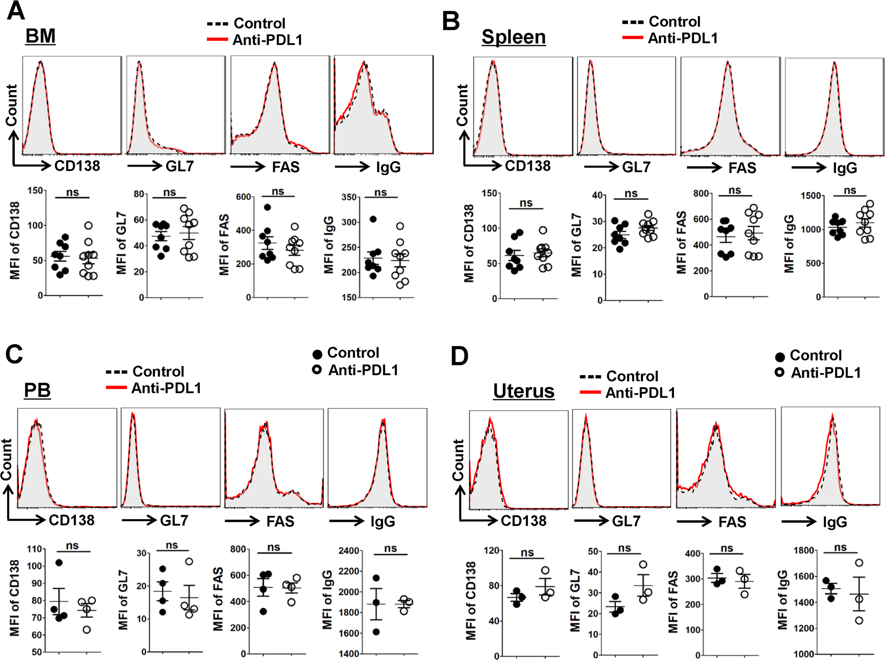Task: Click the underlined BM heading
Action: click(40, 36)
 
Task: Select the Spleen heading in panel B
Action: click(513, 37)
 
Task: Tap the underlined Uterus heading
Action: click(524, 391)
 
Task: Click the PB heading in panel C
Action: click(37, 390)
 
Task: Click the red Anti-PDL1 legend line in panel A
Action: click(217, 40)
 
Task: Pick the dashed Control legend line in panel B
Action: click(632, 22)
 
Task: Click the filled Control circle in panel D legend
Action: click(780, 357)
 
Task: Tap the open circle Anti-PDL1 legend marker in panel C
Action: click(317, 370)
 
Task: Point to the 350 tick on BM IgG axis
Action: click(349, 197)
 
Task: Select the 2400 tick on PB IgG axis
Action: click(349, 551)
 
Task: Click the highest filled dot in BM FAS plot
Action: click(267, 208)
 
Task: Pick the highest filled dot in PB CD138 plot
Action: click(59, 563)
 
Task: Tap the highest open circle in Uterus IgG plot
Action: click(859, 563)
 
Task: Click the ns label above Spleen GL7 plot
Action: click(631, 194)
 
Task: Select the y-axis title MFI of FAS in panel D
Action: click(673, 602)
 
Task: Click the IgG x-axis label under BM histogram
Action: click(388, 167)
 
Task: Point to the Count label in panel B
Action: click(462, 105)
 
